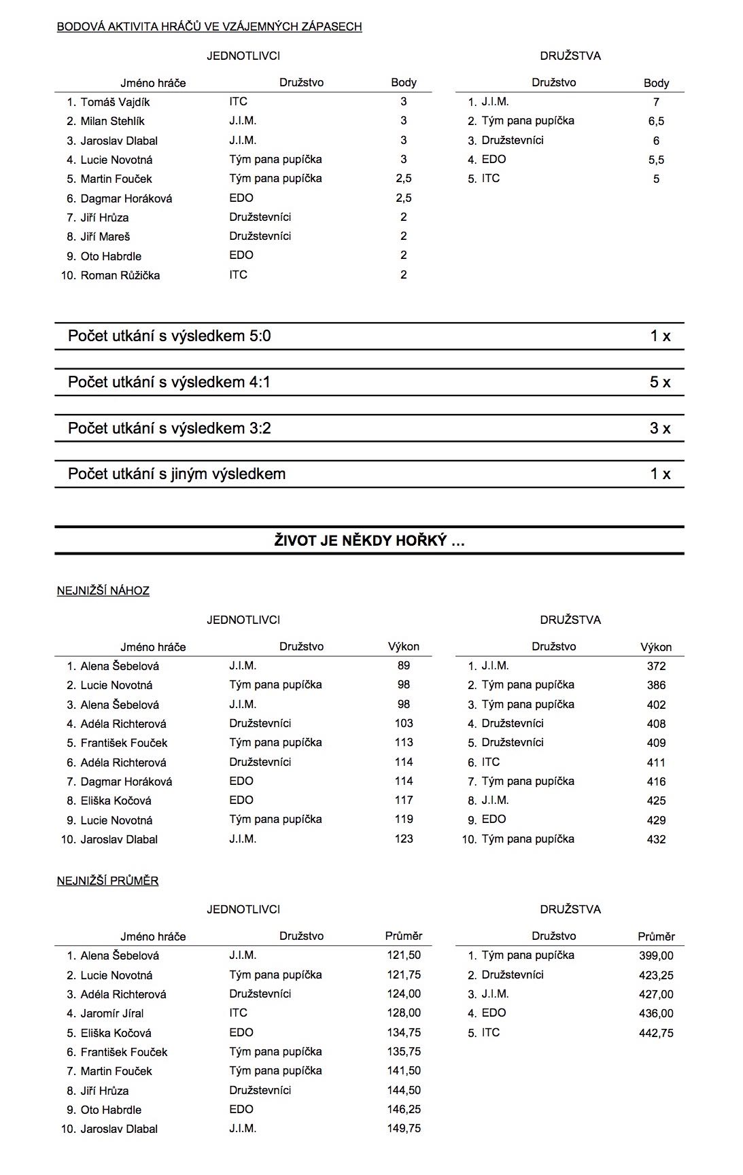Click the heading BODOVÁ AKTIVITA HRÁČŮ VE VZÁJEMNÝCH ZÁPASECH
coord(209,27)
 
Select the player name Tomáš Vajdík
coord(115,102)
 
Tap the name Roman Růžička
coord(120,275)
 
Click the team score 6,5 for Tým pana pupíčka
coord(656,121)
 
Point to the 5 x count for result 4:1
coord(659,382)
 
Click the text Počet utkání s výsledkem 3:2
coord(169,428)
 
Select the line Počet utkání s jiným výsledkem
coord(177,474)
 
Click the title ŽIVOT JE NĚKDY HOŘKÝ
coord(369,541)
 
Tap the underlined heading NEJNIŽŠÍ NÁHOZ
coord(103,591)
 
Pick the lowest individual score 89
coord(404,665)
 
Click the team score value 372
coord(656,666)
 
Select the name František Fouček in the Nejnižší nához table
coord(124,743)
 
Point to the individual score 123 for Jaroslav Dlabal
coord(404,839)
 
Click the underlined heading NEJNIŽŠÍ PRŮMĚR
coord(107,881)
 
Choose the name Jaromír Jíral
coord(112,1013)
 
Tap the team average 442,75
coord(656,1032)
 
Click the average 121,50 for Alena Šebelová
coord(404,955)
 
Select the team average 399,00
coord(656,955)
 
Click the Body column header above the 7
coord(656,83)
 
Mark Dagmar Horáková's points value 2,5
coord(404,198)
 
